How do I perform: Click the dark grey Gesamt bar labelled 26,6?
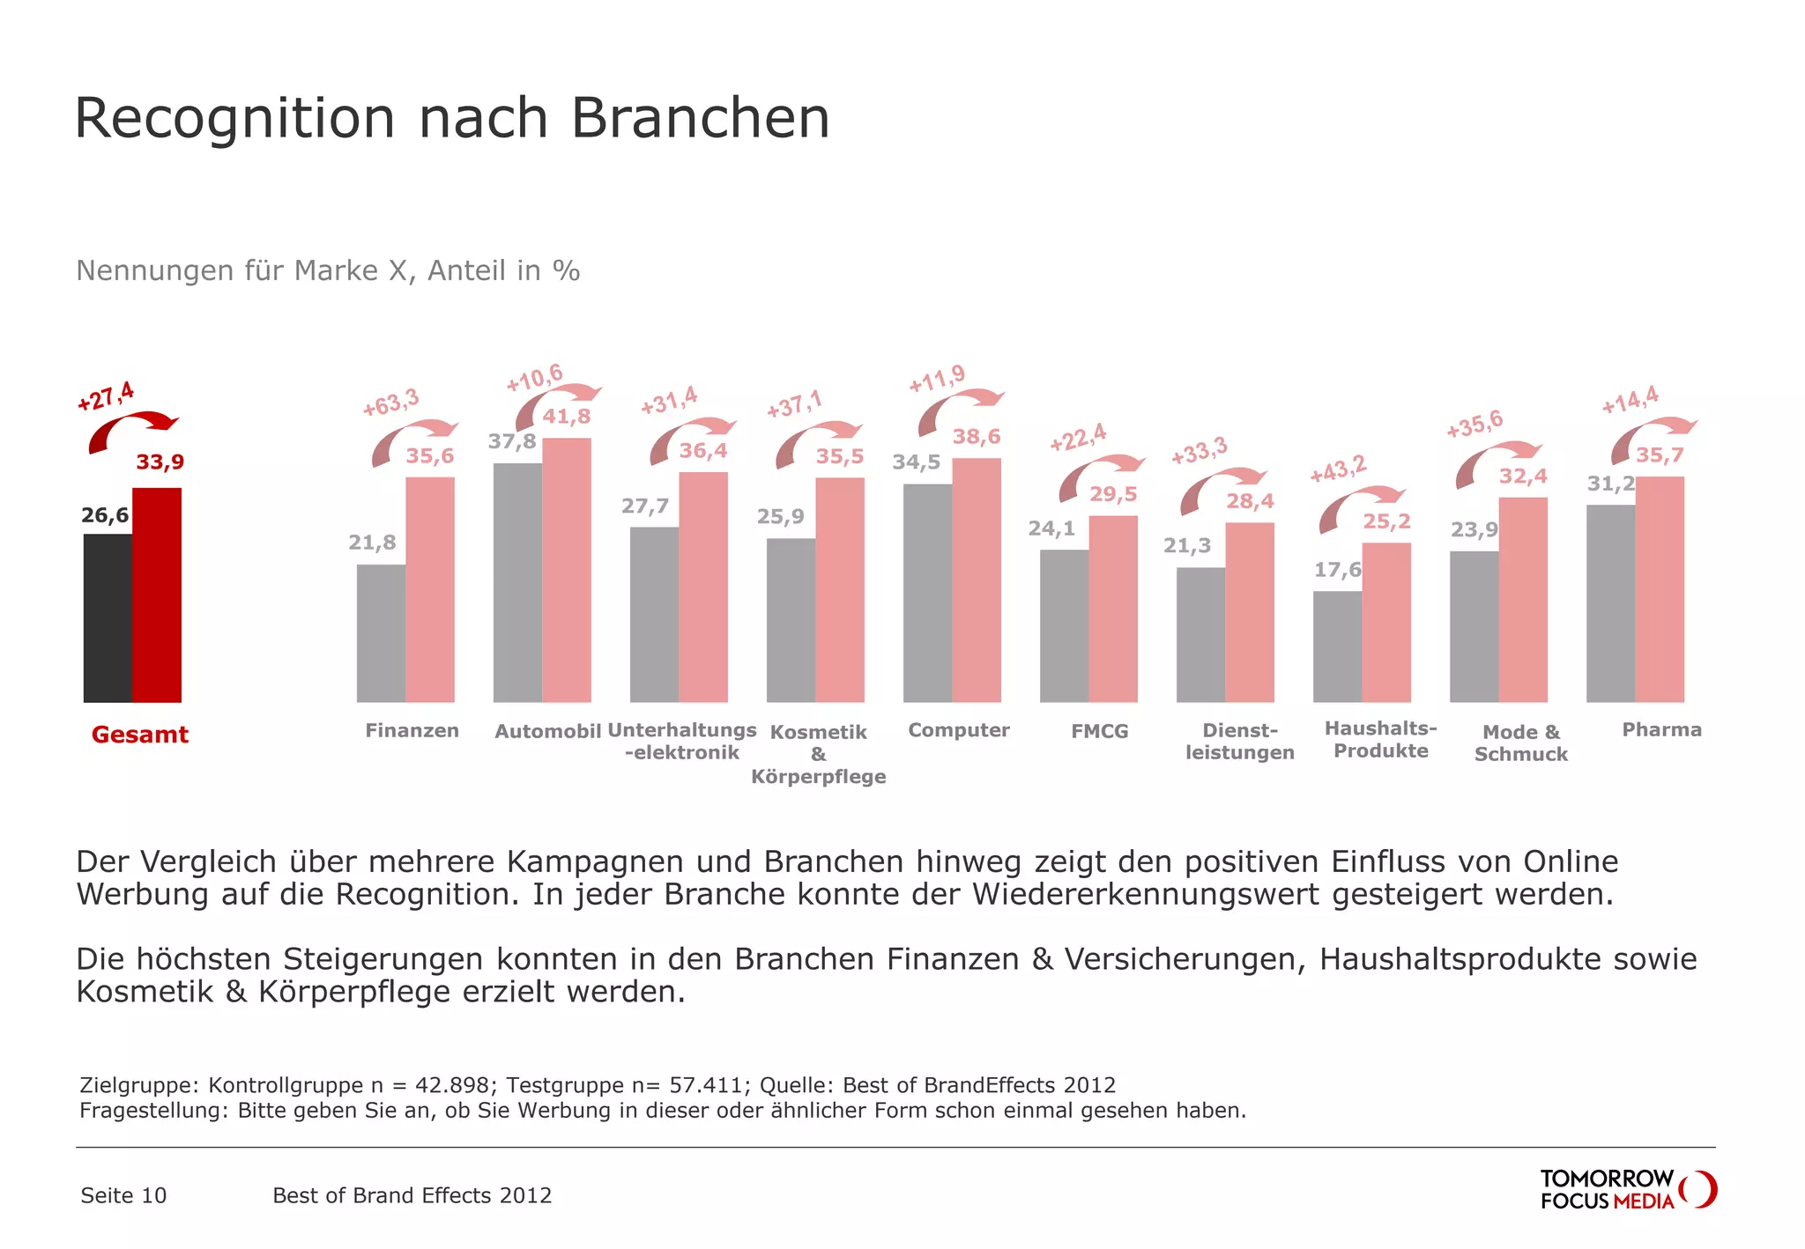[108, 617]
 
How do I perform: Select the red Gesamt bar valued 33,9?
[157, 595]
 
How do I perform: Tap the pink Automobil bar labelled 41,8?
[567, 570]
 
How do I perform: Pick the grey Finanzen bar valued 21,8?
[381, 632]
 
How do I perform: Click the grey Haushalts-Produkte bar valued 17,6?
[1337, 646]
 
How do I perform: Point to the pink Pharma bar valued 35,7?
[1660, 589]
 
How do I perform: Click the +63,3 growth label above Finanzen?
[391, 403]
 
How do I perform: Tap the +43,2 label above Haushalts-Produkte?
[1337, 469]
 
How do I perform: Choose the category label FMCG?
[1099, 731]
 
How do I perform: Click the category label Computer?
[959, 730]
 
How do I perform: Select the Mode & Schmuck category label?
[1521, 743]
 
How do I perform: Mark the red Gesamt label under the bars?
[140, 735]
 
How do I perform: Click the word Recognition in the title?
[235, 118]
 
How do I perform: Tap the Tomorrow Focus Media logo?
[1627, 1189]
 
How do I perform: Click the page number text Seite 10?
[123, 1195]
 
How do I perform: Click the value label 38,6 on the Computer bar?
[977, 437]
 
